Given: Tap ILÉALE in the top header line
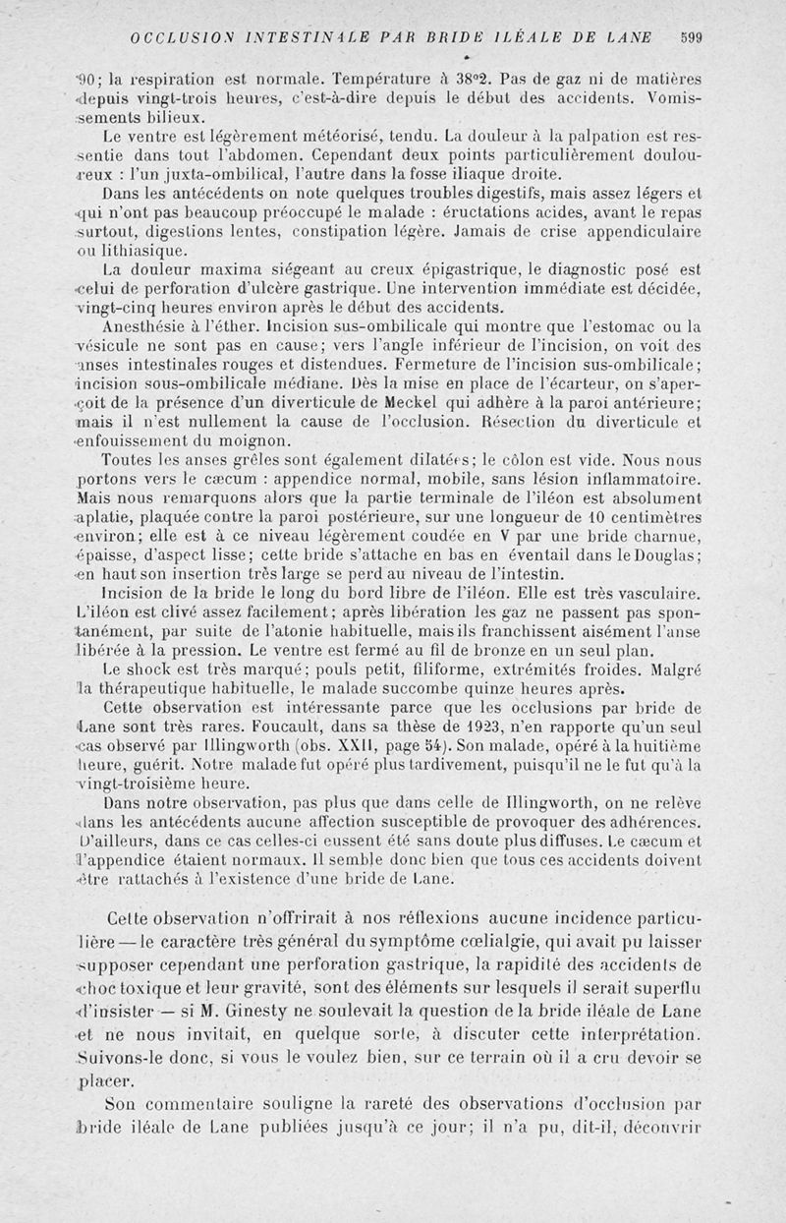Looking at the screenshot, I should pyautogui.click(x=539, y=38).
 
